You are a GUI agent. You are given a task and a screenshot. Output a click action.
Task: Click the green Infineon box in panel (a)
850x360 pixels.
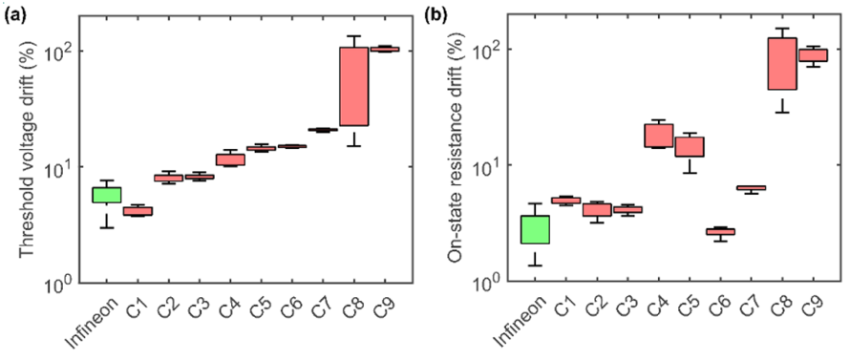click(x=106, y=195)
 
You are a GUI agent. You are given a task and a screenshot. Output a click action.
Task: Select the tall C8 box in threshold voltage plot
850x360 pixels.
click(x=354, y=86)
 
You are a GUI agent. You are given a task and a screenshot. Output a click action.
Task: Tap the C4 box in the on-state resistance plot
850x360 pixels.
click(x=659, y=136)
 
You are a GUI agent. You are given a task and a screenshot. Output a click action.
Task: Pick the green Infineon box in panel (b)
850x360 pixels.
click(x=535, y=229)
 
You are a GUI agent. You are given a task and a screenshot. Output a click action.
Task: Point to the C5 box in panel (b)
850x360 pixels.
click(x=690, y=146)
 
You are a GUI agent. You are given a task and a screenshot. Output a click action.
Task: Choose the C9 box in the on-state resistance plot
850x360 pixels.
click(x=813, y=55)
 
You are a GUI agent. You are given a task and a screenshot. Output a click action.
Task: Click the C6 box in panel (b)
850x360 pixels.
click(x=720, y=231)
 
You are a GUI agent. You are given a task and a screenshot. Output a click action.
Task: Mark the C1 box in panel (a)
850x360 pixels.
click(x=138, y=211)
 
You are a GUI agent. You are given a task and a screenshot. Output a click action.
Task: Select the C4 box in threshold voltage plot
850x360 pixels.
click(x=230, y=159)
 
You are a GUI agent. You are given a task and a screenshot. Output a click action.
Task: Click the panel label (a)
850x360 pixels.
click(x=14, y=15)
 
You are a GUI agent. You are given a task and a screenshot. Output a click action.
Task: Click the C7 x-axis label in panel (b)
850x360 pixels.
click(x=747, y=307)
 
